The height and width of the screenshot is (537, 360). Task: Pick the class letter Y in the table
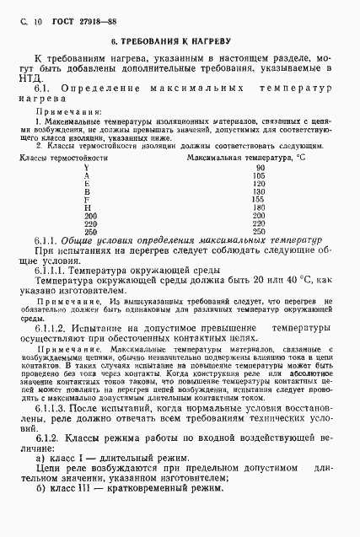click(x=87, y=167)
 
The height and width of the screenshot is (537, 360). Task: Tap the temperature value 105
click(x=260, y=175)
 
